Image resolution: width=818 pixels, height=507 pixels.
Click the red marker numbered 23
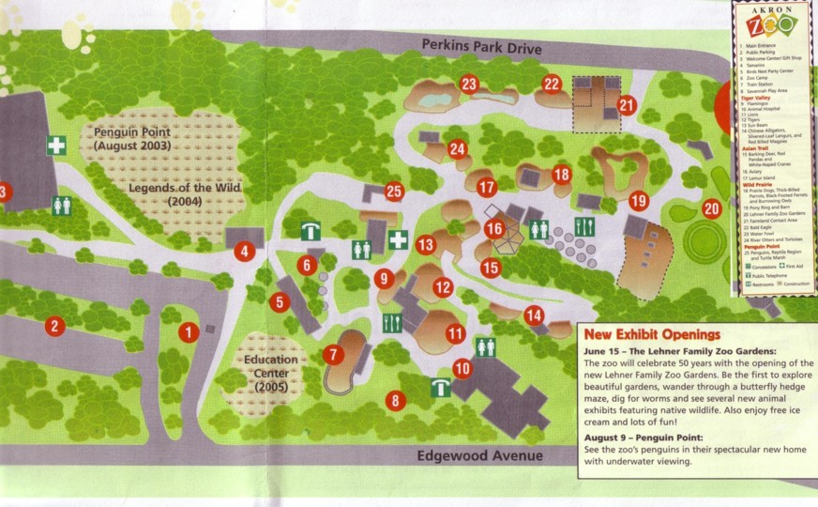pyautogui.click(x=469, y=84)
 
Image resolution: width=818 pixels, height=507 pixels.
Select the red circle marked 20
pyautogui.click(x=711, y=208)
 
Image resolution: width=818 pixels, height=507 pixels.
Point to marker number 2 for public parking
pyautogui.click(x=55, y=326)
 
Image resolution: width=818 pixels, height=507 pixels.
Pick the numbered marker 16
pyautogui.click(x=494, y=227)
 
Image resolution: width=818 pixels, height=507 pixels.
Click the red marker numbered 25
pyautogui.click(x=394, y=192)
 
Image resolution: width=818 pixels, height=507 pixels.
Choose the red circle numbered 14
pyautogui.click(x=534, y=315)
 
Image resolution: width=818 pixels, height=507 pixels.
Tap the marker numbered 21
pyautogui.click(x=627, y=106)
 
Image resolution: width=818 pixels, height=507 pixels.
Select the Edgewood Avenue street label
pyautogui.click(x=482, y=455)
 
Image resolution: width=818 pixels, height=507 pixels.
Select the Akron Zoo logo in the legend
pyautogui.click(x=775, y=20)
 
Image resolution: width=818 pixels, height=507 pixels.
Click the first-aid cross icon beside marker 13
pyautogui.click(x=398, y=239)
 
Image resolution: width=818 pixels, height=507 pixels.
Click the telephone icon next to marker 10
pyautogui.click(x=439, y=386)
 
